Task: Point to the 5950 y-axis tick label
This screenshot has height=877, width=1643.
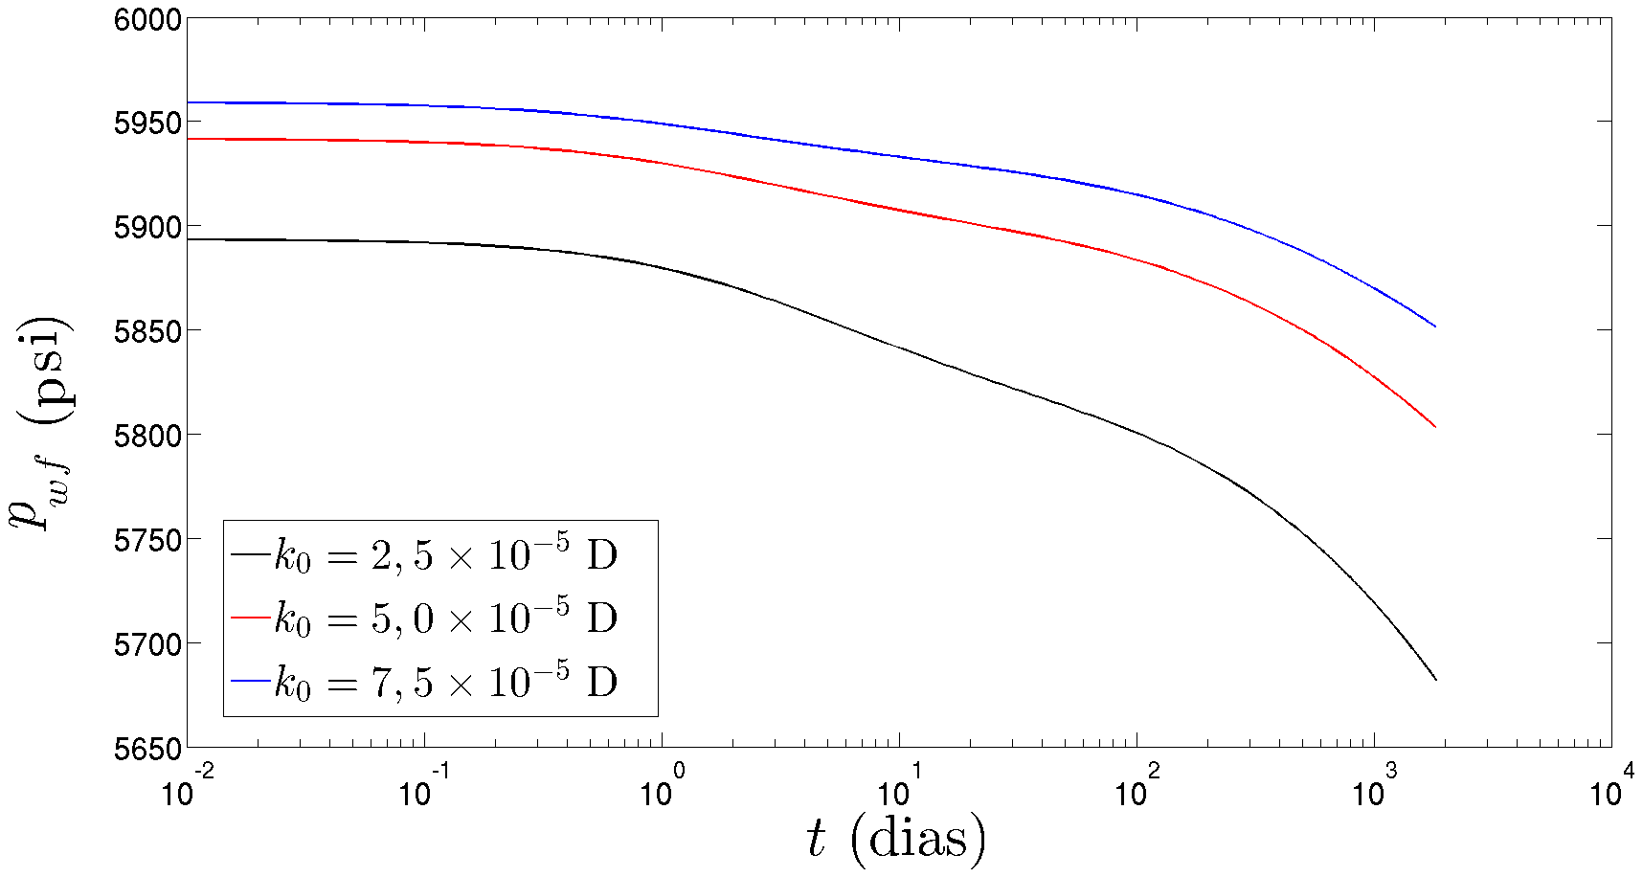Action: [147, 124]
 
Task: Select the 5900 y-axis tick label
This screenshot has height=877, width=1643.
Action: [147, 228]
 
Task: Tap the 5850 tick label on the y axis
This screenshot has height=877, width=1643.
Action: [147, 332]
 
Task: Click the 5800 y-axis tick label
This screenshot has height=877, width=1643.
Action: [147, 437]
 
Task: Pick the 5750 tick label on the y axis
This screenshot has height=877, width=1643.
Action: [147, 541]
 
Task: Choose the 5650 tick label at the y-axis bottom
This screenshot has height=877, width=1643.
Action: [147, 749]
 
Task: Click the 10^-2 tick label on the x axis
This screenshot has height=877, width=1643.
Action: [186, 790]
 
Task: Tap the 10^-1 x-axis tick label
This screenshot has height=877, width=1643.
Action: [423, 790]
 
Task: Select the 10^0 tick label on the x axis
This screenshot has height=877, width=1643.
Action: [661, 790]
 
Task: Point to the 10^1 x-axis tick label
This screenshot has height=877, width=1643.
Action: [898, 790]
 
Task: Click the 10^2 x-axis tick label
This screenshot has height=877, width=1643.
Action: [1136, 790]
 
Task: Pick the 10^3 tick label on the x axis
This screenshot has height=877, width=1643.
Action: [1373, 790]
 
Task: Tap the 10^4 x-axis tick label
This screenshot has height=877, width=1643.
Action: [1610, 790]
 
